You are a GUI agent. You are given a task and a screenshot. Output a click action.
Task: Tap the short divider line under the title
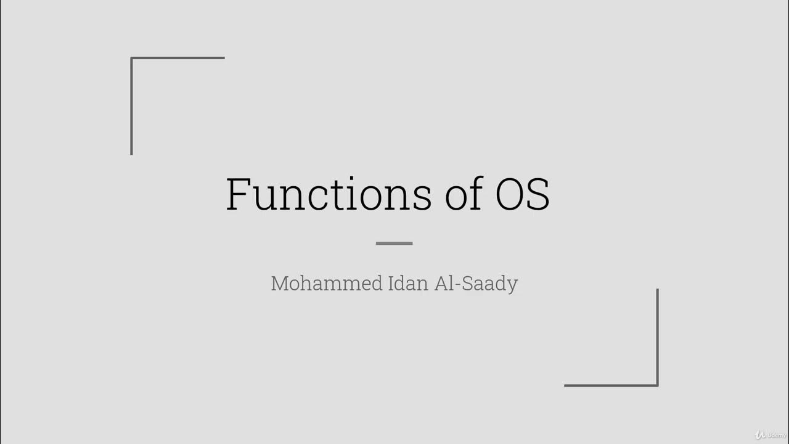tap(394, 243)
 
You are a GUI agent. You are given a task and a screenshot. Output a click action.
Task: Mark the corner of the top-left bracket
tap(132, 59)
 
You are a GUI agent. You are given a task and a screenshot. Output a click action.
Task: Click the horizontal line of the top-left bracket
tap(179, 58)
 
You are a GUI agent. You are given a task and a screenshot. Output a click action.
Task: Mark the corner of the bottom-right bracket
tap(657, 385)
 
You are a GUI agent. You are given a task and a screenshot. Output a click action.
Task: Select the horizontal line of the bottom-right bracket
tap(610, 385)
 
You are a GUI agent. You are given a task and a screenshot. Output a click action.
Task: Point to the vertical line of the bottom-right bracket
tap(657, 337)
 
